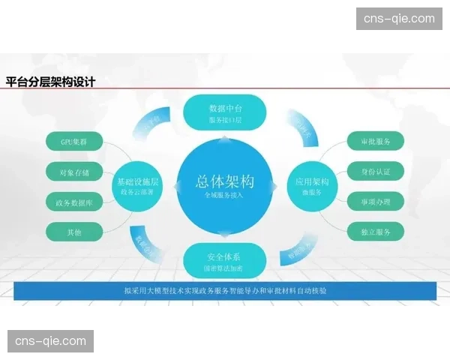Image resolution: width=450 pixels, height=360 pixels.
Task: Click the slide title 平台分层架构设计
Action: [x=50, y=82]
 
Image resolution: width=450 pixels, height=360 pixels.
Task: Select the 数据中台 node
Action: [x=224, y=113]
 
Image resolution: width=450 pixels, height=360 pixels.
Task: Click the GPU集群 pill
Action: [x=73, y=141]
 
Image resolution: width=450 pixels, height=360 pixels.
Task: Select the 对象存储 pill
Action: [x=73, y=172]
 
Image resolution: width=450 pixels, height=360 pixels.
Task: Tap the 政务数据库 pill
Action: [x=73, y=202]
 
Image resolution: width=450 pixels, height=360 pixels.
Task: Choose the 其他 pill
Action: [x=73, y=232]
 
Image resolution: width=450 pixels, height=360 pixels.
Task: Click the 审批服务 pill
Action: [x=376, y=141]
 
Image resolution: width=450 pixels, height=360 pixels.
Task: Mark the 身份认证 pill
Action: [x=376, y=172]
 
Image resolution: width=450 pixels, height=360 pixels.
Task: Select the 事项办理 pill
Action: [x=376, y=202]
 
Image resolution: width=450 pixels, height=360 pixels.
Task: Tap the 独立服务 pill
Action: [x=376, y=232]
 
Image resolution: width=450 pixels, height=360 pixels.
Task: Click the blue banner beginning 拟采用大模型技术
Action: [x=224, y=290]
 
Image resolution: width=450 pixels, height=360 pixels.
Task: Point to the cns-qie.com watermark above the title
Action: [x=398, y=18]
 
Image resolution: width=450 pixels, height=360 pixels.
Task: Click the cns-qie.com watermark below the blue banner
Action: [x=51, y=341]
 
